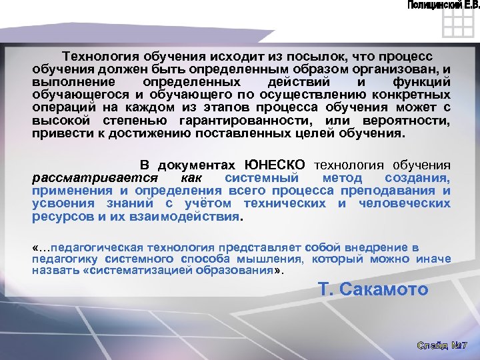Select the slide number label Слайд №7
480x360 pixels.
point(443,345)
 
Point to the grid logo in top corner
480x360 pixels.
point(457,25)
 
